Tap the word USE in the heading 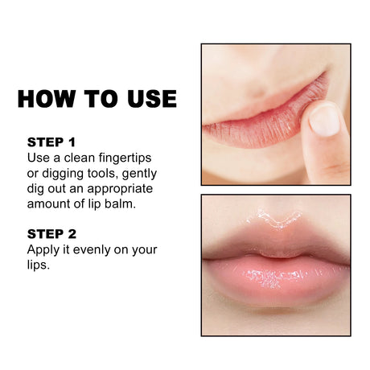click(146, 99)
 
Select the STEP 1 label click(51, 142)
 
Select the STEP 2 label click(51, 234)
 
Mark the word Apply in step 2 click(44, 249)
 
